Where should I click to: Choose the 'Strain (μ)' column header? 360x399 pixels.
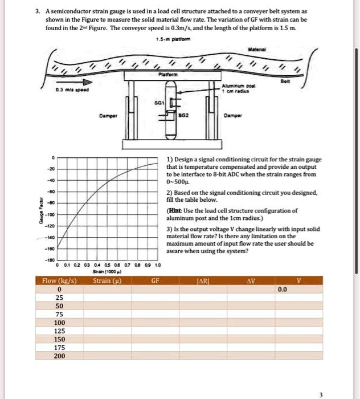107,280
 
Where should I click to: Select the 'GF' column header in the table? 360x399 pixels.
155,280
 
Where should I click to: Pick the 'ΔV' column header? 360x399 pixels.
250,280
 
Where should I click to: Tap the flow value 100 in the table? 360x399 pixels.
59,323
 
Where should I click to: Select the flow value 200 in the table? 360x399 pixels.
59,356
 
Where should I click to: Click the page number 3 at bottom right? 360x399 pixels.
320,394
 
